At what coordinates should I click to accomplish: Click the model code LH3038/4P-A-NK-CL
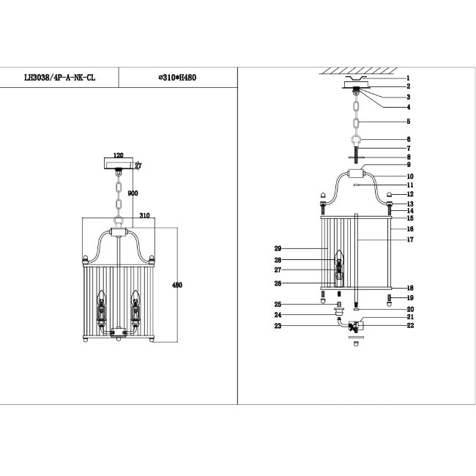[59, 78]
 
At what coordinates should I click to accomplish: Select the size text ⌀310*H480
[177, 78]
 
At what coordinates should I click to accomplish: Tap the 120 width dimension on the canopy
[119, 155]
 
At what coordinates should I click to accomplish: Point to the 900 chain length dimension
[133, 193]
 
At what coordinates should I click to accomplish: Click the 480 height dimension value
[177, 285]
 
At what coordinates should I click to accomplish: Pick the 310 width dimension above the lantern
[144, 215]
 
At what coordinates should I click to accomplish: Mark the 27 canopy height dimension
[138, 166]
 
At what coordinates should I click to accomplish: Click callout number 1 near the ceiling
[409, 78]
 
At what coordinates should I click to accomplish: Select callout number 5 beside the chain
[409, 122]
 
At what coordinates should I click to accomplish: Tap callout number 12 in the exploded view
[410, 194]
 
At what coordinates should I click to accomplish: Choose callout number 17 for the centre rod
[410, 239]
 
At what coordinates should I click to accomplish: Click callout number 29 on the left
[278, 249]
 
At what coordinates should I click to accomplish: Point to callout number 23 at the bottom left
[278, 326]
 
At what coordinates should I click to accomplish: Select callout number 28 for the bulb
[278, 260]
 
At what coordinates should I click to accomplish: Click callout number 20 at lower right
[410, 309]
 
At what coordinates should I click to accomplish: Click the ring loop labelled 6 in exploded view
[357, 141]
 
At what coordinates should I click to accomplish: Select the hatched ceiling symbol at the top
[358, 71]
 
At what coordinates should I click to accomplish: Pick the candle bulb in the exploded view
[339, 258]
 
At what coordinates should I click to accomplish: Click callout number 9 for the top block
[409, 165]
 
